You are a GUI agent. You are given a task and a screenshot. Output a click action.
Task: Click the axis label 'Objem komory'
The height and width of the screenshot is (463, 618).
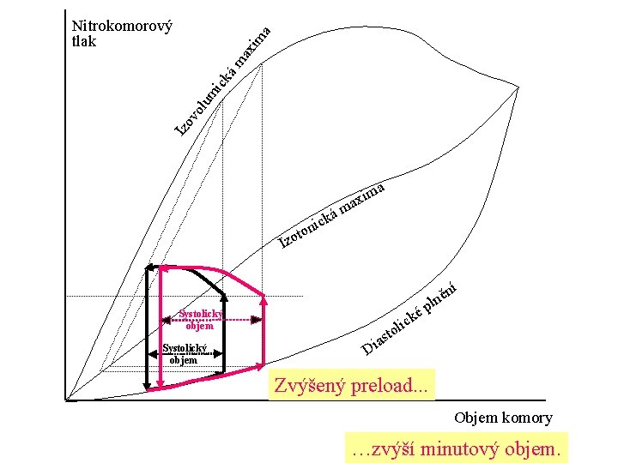503,418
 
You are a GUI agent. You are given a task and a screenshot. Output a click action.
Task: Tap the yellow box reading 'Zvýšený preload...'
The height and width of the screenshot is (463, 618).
351,385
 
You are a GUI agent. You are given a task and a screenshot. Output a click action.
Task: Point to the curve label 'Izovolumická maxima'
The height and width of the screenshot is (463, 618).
223,81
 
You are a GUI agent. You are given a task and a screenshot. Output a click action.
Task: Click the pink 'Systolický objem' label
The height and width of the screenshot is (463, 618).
199,319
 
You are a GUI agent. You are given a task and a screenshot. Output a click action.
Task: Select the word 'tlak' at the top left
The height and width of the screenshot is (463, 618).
85,41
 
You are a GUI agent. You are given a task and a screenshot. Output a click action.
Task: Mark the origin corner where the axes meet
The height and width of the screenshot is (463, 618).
66,400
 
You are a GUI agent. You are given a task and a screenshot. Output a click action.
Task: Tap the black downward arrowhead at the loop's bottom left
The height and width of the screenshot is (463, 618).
148,385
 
